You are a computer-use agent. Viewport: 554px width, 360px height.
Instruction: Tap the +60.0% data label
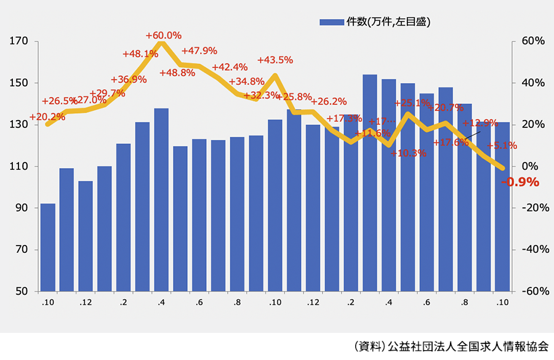pyautogui.click(x=164, y=35)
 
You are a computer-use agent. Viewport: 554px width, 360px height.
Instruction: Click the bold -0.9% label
pyautogui.click(x=520, y=182)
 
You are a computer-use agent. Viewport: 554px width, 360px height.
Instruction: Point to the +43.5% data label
pyautogui.click(x=275, y=60)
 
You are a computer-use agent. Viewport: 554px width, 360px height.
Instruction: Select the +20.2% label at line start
pyautogui.click(x=47, y=116)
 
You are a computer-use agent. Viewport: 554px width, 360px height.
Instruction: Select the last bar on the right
pyautogui.click(x=502, y=207)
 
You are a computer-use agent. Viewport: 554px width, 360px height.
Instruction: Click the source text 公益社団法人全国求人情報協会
pyautogui.click(x=468, y=346)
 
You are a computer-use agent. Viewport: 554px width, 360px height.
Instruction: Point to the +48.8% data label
pyautogui.click(x=177, y=73)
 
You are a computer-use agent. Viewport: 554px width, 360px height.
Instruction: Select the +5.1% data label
pyautogui.click(x=501, y=146)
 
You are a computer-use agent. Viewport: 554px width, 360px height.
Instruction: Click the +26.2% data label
pyautogui.click(x=329, y=102)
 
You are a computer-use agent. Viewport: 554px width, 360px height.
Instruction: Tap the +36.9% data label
pyautogui.click(x=129, y=79)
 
